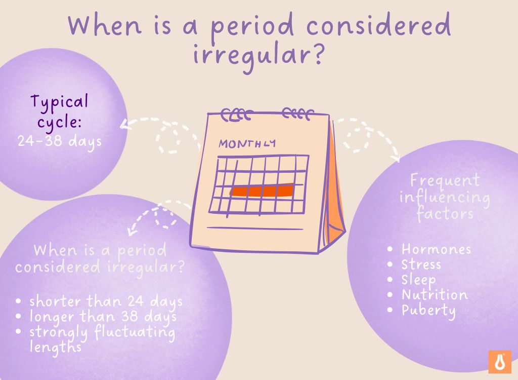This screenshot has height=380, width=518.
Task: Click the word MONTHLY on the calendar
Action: (x=247, y=143)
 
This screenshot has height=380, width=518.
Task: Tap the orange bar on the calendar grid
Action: (x=262, y=191)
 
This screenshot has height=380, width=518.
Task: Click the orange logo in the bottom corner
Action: (x=499, y=362)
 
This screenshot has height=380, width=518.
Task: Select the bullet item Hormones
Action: (x=436, y=249)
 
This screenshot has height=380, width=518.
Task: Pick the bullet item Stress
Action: (x=421, y=264)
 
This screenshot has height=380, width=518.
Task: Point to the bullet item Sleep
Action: (x=418, y=280)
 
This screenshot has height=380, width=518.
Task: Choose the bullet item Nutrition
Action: (x=435, y=295)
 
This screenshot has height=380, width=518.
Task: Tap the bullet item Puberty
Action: (x=428, y=310)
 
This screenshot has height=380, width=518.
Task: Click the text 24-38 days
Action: (x=60, y=140)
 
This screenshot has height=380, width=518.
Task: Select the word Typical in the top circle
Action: (x=59, y=102)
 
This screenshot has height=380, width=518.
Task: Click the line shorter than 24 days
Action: (x=106, y=301)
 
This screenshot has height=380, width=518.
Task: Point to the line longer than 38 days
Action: (x=103, y=317)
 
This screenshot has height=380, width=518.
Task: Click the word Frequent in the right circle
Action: (x=445, y=180)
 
